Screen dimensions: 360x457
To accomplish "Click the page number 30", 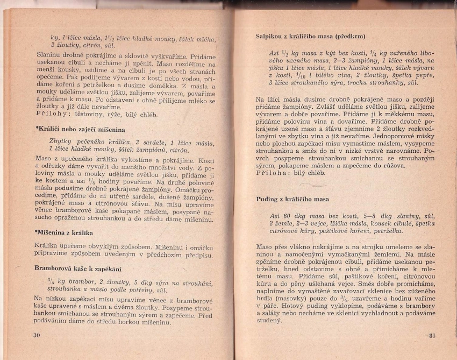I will [x=37, y=335].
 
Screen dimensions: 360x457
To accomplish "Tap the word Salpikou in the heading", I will [x=270, y=37].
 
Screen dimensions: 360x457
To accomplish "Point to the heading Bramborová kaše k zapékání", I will [x=77, y=267].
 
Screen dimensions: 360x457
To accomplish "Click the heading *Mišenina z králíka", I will [x=64, y=232].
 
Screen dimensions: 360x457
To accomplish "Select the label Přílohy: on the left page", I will [x=53, y=114].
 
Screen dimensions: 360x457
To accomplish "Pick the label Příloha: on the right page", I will [x=274, y=174].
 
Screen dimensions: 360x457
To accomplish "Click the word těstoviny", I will [x=89, y=114].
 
